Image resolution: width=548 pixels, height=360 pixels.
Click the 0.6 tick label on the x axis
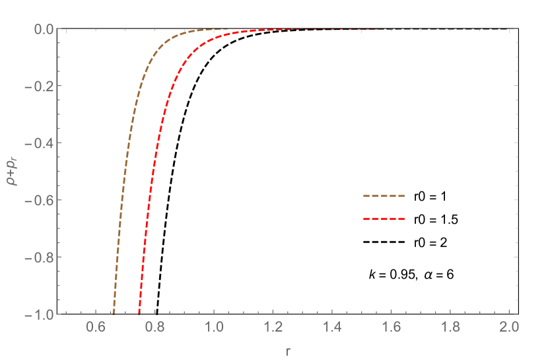(96, 327)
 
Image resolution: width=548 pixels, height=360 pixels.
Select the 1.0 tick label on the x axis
(214, 327)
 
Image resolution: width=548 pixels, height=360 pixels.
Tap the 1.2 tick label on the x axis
(273, 327)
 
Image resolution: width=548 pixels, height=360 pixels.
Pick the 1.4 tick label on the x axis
(332, 327)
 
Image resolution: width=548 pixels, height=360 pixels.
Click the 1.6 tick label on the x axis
(391, 327)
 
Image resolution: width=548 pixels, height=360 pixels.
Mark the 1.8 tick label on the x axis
(450, 327)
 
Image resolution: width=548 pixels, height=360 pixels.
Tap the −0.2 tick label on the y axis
(44, 86)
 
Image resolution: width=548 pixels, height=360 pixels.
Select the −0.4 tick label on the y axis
(44, 143)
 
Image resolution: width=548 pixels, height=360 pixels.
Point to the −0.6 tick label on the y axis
(44, 199)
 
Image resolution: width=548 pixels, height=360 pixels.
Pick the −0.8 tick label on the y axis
(44, 256)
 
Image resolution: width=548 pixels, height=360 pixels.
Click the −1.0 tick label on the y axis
(44, 314)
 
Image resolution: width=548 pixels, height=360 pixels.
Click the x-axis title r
(288, 351)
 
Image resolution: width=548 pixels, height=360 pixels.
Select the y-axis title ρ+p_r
(13, 171)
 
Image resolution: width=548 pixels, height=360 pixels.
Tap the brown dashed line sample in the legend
(384, 196)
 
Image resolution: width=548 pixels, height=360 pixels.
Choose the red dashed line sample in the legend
(384, 219)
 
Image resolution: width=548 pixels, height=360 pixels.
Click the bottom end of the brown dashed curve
(113, 313)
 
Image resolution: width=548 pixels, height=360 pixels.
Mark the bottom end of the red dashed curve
(139, 313)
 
